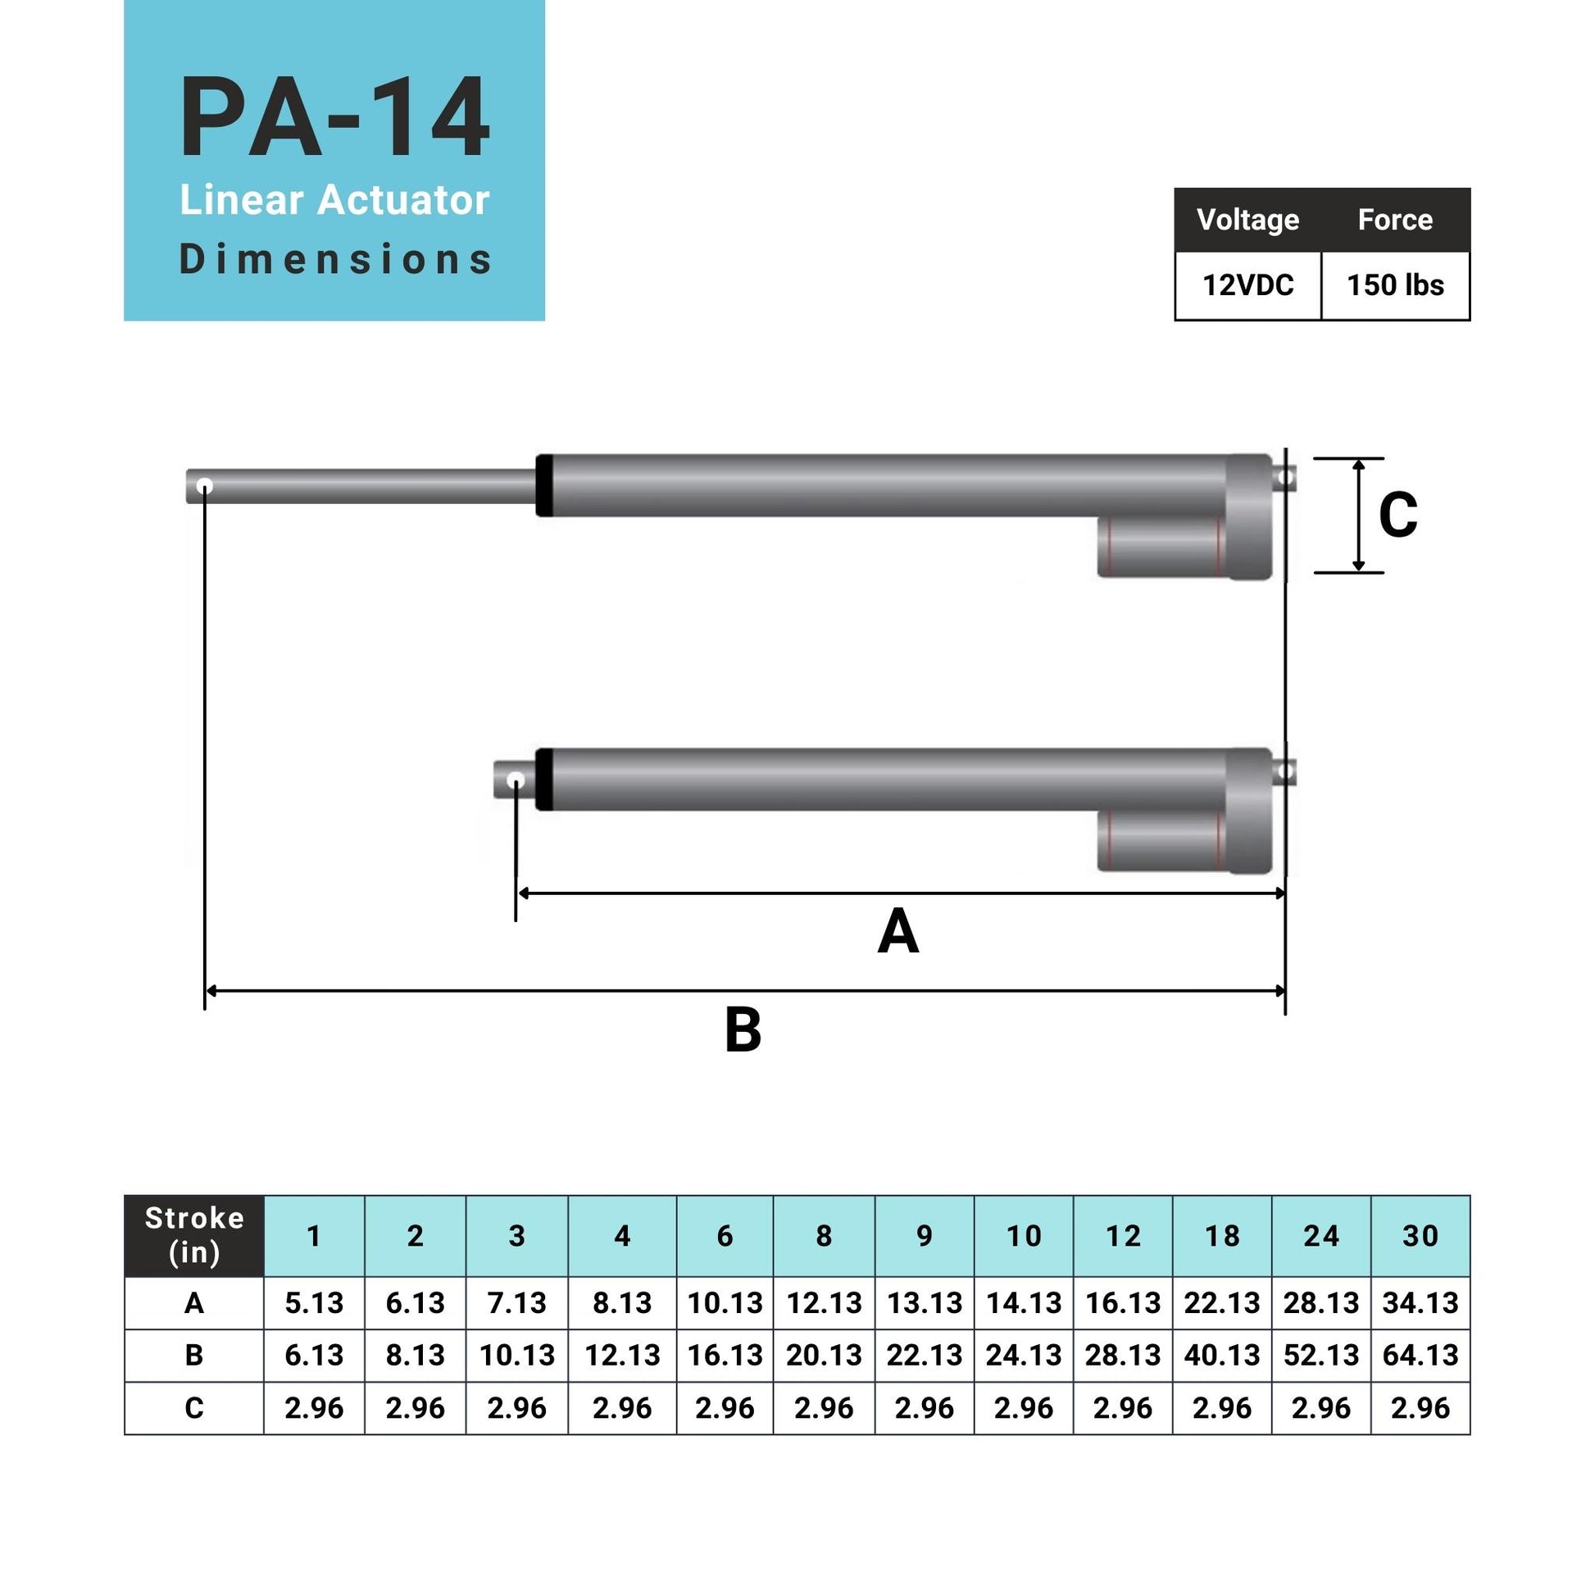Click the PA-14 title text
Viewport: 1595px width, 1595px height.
pos(334,117)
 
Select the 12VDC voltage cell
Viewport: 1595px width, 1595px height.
pos(1247,286)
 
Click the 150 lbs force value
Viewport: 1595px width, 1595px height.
pos(1395,286)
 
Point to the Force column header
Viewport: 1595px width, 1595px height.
pos(1395,220)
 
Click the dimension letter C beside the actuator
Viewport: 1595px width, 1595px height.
pos(1397,516)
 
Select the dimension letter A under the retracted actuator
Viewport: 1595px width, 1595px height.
pos(898,932)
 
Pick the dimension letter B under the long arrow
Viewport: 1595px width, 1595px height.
pos(743,1031)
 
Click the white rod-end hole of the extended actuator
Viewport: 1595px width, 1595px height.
pos(205,486)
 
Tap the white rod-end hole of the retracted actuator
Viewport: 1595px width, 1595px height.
pos(516,780)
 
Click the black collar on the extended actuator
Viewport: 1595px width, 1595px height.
pos(544,485)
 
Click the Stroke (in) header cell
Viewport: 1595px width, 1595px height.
pos(194,1235)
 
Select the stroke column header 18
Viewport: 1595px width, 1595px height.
pos(1222,1236)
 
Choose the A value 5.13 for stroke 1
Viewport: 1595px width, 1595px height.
pos(314,1302)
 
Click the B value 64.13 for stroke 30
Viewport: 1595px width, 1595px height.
pos(1420,1355)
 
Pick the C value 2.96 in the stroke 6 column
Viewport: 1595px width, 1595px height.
pos(725,1407)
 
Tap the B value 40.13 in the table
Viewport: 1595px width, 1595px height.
pos(1222,1355)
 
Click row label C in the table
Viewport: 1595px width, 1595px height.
pos(194,1407)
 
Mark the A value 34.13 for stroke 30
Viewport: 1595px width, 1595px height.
pos(1420,1302)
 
